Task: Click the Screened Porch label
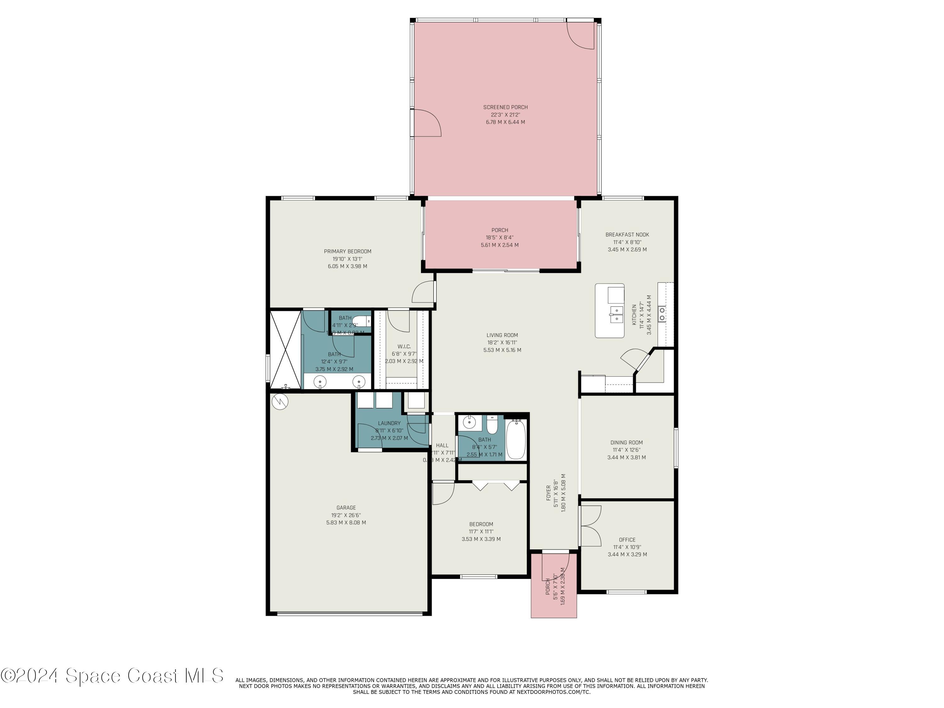(x=505, y=107)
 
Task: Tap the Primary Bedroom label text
(x=347, y=251)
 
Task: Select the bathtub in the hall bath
(x=516, y=439)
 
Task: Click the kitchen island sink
(x=616, y=314)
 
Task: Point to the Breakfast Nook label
(x=627, y=235)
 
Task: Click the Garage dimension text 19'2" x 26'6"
(x=346, y=515)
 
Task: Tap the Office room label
(x=627, y=540)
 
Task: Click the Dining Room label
(x=626, y=442)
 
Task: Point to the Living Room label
(x=502, y=335)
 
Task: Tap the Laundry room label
(x=389, y=423)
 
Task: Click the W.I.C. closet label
(x=404, y=346)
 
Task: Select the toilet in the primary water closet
(x=362, y=321)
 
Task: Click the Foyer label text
(x=549, y=493)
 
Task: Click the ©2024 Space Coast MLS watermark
(x=112, y=676)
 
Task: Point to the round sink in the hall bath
(x=469, y=423)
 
